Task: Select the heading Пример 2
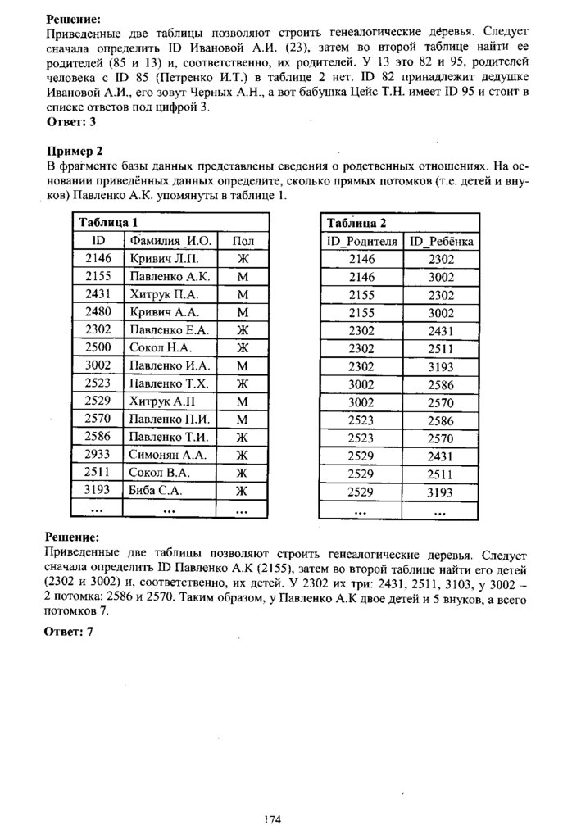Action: [x=73, y=151]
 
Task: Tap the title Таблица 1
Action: [x=107, y=222]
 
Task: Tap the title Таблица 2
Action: [x=356, y=222]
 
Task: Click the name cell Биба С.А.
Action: [x=156, y=491]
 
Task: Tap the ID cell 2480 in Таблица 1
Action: [x=98, y=311]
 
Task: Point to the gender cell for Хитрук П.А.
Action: [x=243, y=293]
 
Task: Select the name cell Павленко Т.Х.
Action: [x=170, y=383]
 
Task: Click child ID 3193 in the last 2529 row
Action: [x=442, y=492]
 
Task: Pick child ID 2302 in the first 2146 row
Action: [x=442, y=259]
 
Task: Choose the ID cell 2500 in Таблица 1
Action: [x=98, y=347]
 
